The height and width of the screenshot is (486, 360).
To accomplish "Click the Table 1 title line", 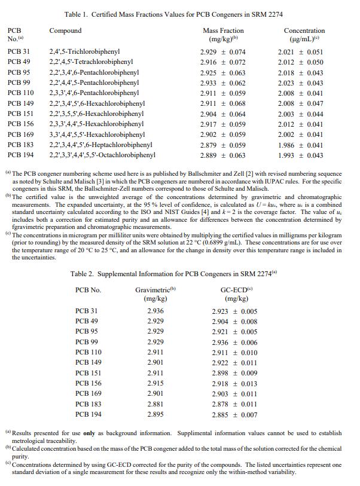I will coord(173,14).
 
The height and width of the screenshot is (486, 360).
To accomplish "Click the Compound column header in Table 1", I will coord(65,30).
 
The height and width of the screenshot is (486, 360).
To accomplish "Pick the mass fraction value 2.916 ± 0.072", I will coord(223,62).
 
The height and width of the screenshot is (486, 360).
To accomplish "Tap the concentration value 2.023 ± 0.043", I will coord(301,82).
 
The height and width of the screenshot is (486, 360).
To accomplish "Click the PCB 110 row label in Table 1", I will coord(20,93).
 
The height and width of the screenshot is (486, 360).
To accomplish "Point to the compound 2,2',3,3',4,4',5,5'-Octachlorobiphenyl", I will coord(102,155).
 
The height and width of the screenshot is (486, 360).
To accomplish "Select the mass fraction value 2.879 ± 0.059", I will coord(223,145).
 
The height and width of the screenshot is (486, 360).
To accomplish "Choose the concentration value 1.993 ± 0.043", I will coord(301,155).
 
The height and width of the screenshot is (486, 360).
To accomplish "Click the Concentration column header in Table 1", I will coord(304,30).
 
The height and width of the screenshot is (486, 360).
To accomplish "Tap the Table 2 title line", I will coord(174,274).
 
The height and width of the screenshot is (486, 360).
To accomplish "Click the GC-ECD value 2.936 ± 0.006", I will coord(234,343).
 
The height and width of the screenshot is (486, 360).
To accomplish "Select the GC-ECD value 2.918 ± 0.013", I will coord(234,383).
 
